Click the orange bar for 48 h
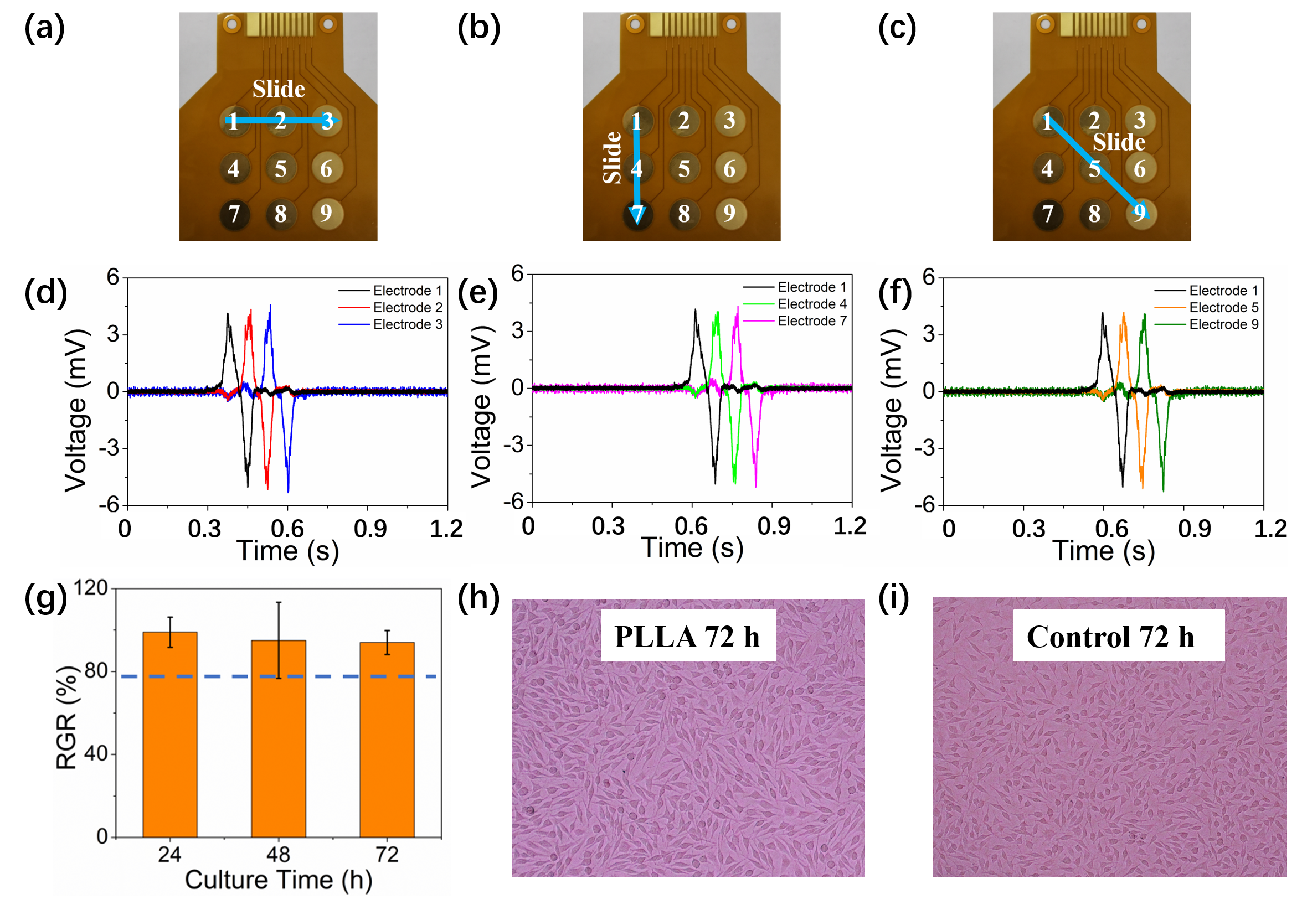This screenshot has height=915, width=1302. (x=279, y=738)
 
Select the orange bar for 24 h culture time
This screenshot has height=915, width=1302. (x=170, y=735)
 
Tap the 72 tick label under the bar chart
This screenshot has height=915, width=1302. (x=387, y=854)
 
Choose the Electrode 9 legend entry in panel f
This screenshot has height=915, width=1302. (x=1206, y=324)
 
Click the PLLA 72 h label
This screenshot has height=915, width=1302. (x=687, y=636)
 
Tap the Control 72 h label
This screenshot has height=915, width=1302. (x=1110, y=636)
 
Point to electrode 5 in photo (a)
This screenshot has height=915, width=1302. (x=281, y=168)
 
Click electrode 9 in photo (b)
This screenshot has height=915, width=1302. (x=730, y=213)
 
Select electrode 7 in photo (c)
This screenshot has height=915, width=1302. (x=1047, y=214)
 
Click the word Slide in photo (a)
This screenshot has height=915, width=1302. (x=279, y=89)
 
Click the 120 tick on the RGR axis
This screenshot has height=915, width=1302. (x=91, y=588)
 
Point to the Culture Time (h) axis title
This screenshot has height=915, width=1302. (x=279, y=881)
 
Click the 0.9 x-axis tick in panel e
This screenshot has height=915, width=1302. (x=774, y=526)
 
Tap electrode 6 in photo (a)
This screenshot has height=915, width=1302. (x=327, y=168)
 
